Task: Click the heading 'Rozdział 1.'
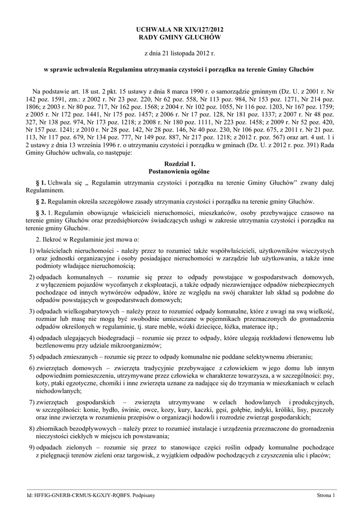(180, 163)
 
